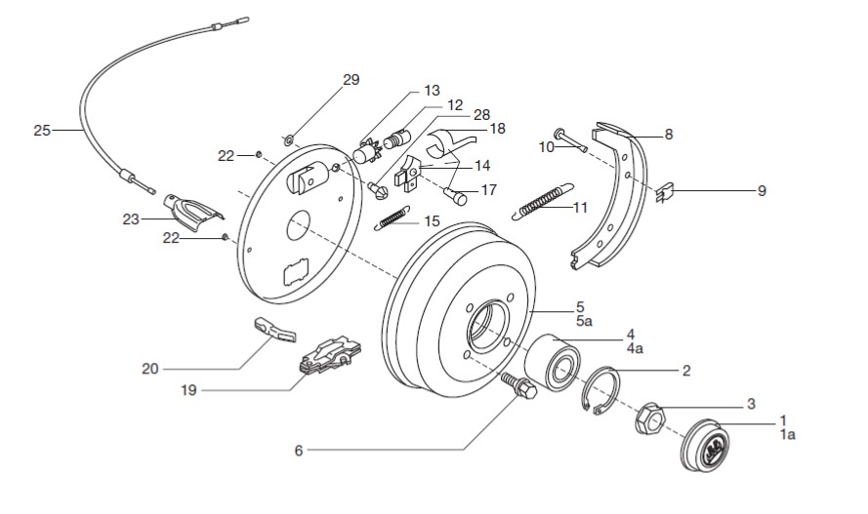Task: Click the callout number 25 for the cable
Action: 41,129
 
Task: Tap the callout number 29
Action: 351,80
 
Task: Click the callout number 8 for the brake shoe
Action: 668,136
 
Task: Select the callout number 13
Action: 432,91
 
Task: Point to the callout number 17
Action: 488,190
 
